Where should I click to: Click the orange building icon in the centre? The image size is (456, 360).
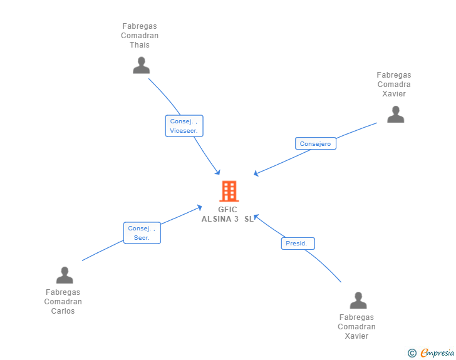(229, 191)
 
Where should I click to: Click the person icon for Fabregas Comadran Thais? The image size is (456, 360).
(142, 65)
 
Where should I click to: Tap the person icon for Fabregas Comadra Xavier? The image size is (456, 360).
(395, 114)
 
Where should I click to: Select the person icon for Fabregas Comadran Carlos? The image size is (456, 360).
(65, 275)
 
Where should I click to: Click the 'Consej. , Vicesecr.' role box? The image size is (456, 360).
(184, 126)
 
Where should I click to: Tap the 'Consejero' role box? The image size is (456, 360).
(315, 143)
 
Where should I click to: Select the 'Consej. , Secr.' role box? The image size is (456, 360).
(142, 233)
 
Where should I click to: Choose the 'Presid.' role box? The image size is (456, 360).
(297, 243)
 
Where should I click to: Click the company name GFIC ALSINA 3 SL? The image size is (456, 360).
(229, 214)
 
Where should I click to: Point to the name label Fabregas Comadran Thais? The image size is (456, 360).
(140, 36)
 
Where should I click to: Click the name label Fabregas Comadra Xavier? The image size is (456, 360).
(394, 85)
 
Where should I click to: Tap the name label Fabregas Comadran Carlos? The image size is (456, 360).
(63, 302)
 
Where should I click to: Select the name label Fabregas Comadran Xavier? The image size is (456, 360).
(356, 327)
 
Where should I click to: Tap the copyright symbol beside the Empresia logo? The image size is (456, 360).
(412, 354)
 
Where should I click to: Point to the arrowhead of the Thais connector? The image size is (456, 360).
(219, 173)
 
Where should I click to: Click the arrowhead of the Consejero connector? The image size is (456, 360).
(256, 175)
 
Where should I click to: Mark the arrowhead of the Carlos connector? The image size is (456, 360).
(200, 207)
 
